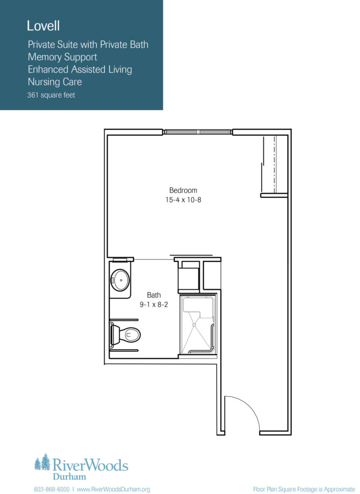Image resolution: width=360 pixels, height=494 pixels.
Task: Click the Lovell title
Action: pyautogui.click(x=43, y=26)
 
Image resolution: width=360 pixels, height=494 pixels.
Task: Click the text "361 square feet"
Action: pyautogui.click(x=51, y=95)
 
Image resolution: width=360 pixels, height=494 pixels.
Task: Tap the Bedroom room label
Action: pyautogui.click(x=183, y=190)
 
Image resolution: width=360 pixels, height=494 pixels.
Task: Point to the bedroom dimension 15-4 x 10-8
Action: pyautogui.click(x=183, y=200)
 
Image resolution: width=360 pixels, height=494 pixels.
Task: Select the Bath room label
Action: pyautogui.click(x=154, y=295)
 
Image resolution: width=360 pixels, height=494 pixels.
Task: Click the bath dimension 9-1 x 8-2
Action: pyautogui.click(x=154, y=305)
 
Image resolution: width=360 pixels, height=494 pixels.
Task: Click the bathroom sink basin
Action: pyautogui.click(x=120, y=280)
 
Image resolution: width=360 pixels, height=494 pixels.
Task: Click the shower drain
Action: pyautogui.click(x=194, y=325)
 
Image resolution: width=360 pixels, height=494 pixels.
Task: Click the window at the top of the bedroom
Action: pyautogui.click(x=198, y=132)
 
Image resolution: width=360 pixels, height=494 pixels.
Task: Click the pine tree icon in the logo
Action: pyautogui.click(x=42, y=462)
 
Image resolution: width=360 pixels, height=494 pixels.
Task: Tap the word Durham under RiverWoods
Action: pyautogui.click(x=69, y=476)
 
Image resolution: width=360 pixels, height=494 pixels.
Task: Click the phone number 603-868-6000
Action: pyautogui.click(x=52, y=489)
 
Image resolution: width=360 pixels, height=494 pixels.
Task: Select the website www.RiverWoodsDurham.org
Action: pyautogui.click(x=113, y=489)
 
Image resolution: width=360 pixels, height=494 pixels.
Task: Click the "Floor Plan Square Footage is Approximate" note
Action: pyautogui.click(x=304, y=489)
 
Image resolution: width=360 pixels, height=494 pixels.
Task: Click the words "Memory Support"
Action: pyautogui.click(x=62, y=57)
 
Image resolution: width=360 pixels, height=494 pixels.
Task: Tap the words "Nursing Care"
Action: pyautogui.click(x=55, y=82)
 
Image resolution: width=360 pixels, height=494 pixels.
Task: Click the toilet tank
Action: pyautogui.click(x=115, y=335)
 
